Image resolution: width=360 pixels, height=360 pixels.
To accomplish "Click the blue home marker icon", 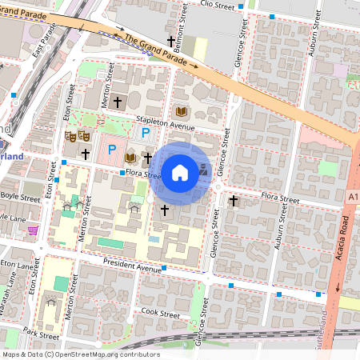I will [180, 173].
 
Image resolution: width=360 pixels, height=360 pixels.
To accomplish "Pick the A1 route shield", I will [353, 194].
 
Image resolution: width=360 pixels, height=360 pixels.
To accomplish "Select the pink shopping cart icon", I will [33, 230].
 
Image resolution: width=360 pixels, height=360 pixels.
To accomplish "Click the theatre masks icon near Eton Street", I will [77, 136].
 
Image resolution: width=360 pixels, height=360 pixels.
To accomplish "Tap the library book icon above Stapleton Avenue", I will [180, 111].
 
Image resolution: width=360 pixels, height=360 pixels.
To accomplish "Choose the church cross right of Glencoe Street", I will [233, 200].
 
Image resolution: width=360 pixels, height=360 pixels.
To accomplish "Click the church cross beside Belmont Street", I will [170, 41].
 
